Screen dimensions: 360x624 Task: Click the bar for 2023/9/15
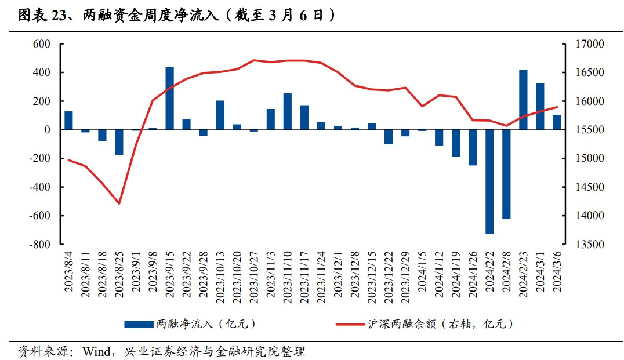click(x=170, y=99)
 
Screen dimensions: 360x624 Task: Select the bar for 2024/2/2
click(x=489, y=181)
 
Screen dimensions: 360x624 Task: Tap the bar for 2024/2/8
click(x=506, y=174)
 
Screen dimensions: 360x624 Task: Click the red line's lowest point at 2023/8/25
click(x=119, y=203)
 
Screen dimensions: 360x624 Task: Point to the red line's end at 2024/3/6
click(x=557, y=107)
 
